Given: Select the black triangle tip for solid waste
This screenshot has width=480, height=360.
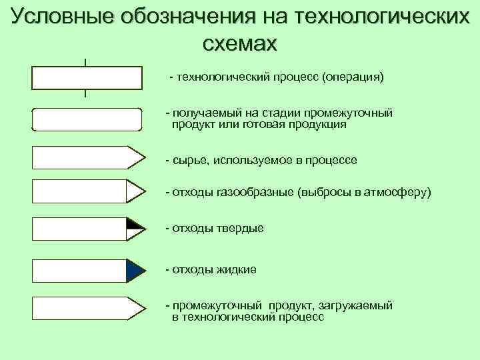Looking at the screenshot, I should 135,223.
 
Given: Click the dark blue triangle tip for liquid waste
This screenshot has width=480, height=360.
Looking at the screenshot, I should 135,269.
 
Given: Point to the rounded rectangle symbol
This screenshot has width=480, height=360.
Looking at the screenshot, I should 87,119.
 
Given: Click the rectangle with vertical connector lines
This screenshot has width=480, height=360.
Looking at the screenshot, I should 87,77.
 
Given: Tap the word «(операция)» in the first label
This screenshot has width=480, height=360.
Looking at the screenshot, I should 353,77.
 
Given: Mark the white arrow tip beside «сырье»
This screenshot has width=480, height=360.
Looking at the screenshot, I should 137,159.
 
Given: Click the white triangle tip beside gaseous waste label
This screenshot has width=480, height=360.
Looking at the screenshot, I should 135,191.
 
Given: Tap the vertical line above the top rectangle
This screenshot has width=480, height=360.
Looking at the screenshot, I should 86,62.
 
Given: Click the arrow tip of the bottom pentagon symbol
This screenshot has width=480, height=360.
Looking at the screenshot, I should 137,309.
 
